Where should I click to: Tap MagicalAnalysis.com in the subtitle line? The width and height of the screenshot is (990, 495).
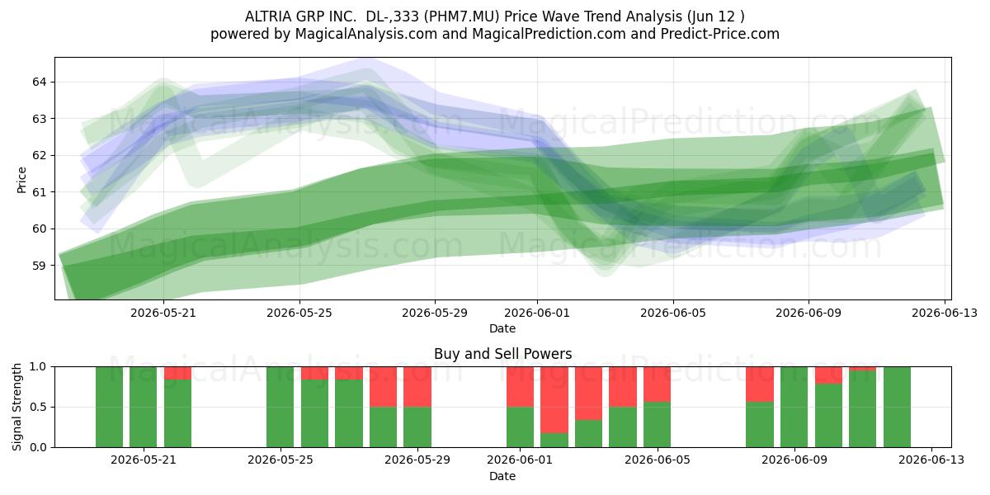(366, 34)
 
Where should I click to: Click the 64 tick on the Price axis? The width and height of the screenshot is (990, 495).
(39, 82)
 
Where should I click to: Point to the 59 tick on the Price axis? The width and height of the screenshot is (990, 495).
(39, 266)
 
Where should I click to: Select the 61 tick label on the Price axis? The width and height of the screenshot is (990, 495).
(39, 192)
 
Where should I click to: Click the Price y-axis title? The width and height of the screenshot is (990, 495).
(21, 180)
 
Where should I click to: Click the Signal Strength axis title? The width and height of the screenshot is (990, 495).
(16, 407)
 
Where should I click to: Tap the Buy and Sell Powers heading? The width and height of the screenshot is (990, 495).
(503, 354)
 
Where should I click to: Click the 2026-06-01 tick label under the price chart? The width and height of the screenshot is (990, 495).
(537, 313)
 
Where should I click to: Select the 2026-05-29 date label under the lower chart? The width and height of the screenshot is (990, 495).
(417, 460)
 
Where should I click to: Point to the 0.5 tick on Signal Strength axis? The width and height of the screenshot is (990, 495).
(38, 407)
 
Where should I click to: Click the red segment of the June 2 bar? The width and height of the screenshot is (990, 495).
(554, 400)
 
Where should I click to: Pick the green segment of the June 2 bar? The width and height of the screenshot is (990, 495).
(554, 441)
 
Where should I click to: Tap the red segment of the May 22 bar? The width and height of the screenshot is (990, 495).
(177, 374)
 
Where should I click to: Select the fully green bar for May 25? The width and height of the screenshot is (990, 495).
(280, 407)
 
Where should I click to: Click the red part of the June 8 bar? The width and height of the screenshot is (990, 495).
(760, 384)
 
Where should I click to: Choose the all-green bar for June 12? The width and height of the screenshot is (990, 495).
(898, 407)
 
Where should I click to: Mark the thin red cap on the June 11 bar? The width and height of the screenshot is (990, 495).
(862, 369)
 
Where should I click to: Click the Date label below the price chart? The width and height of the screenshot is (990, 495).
(502, 328)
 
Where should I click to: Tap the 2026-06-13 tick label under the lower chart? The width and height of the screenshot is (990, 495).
(931, 460)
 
